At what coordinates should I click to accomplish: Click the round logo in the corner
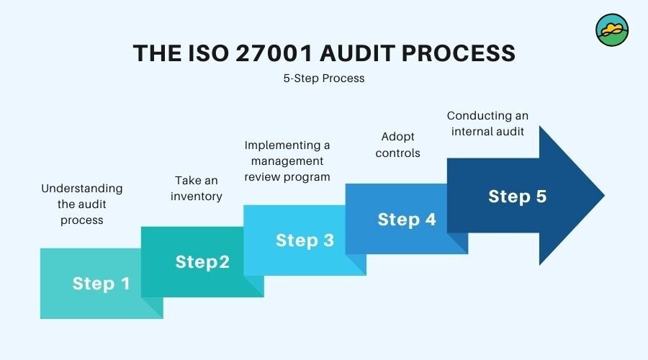[612, 30]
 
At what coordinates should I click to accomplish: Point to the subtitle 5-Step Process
[324, 78]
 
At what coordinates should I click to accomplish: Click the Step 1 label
[102, 284]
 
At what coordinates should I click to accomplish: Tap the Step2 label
[202, 262]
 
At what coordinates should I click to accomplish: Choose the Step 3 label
[305, 240]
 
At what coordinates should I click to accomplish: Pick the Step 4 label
[407, 219]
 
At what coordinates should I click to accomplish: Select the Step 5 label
[517, 196]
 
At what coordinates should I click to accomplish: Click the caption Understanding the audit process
[82, 204]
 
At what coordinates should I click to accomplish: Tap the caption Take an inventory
[197, 188]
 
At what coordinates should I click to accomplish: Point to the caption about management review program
[287, 161]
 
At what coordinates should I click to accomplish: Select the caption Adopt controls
[397, 145]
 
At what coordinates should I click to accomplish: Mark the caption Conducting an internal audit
[486, 123]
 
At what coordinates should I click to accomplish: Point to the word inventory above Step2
[197, 196]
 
